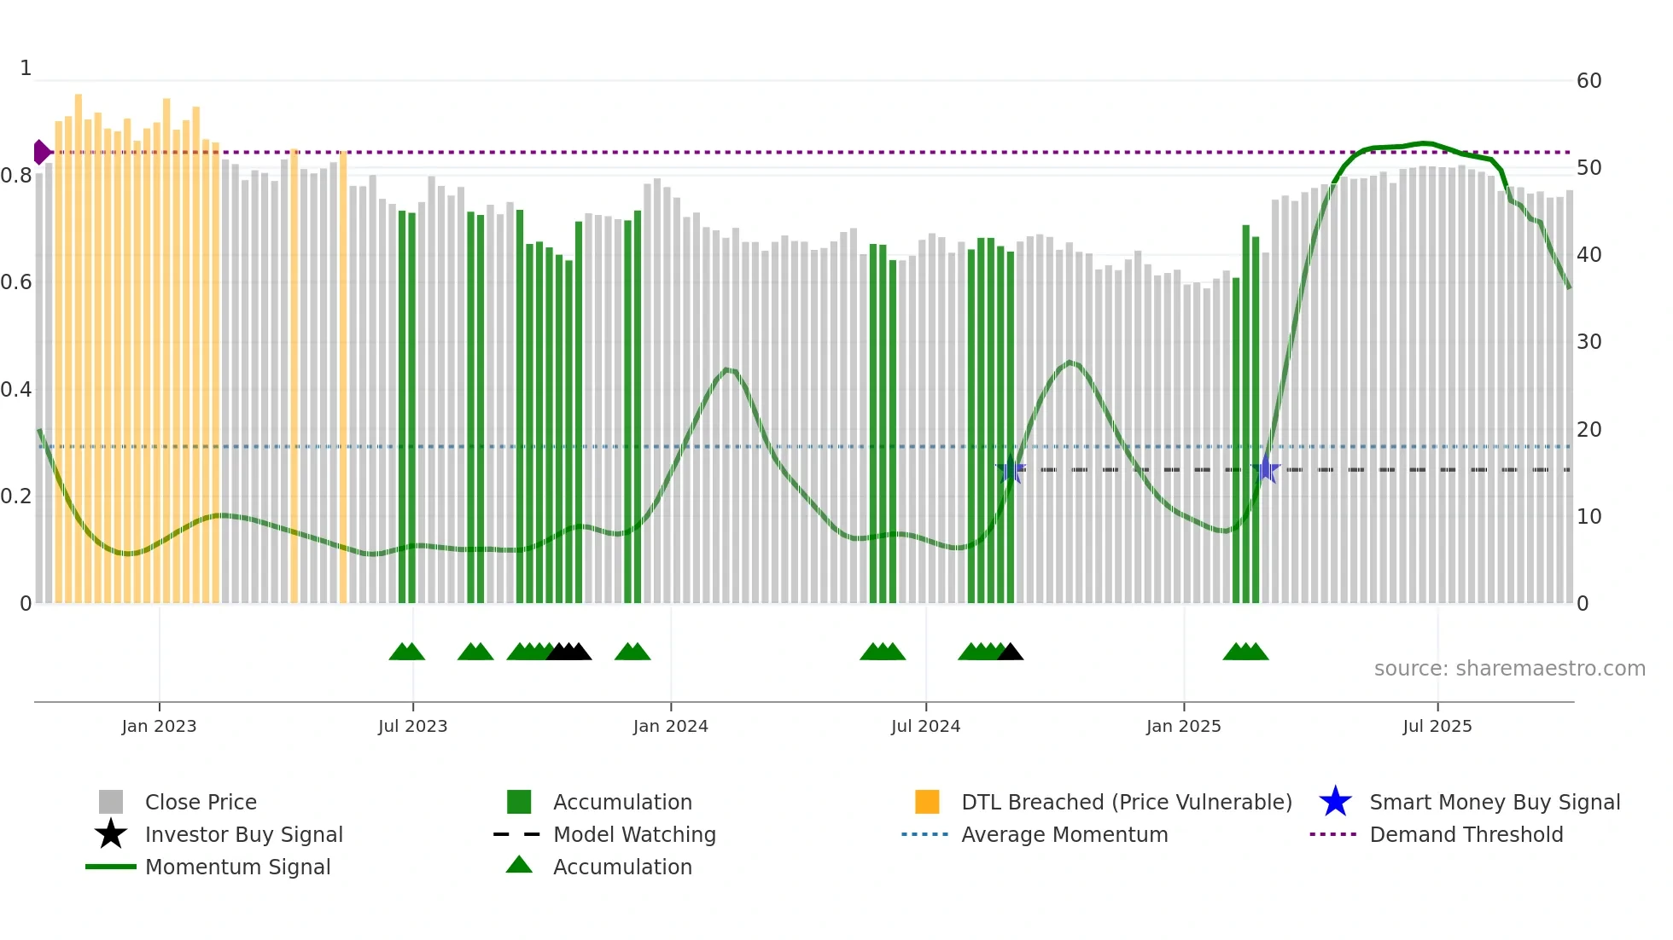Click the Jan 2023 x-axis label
159,726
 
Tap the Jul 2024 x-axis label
925,726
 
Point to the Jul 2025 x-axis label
1437,726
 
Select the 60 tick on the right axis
1588,81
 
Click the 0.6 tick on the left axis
15,282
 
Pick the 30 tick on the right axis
1588,342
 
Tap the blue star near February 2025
1266,469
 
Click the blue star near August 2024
1011,469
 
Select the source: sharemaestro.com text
1509,669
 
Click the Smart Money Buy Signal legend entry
1494,802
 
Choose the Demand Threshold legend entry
1466,834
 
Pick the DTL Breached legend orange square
927,802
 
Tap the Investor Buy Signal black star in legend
111,834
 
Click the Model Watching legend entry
633,834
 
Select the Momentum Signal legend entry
237,867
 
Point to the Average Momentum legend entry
1064,834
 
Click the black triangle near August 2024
1011,653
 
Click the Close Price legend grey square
111,802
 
